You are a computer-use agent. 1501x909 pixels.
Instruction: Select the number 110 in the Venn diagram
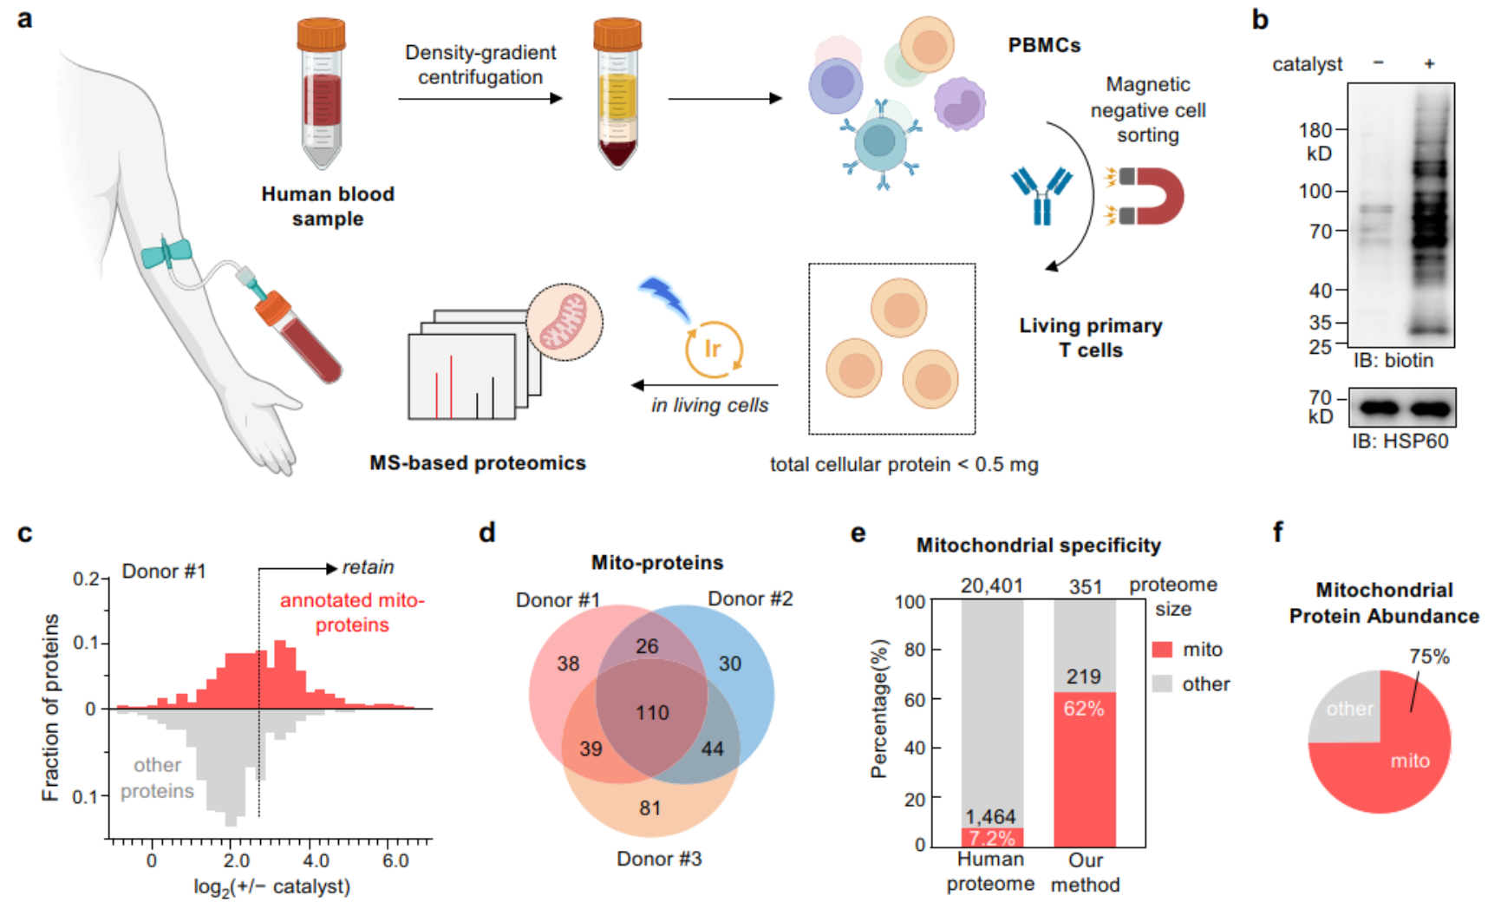(x=652, y=713)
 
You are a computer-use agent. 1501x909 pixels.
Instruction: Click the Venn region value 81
(x=650, y=808)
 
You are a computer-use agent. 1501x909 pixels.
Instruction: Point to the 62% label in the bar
(x=1084, y=709)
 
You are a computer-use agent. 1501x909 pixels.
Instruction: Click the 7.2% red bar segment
(x=992, y=838)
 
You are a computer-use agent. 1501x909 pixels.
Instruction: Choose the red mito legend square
(x=1162, y=650)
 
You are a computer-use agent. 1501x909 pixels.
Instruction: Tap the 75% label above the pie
(x=1429, y=657)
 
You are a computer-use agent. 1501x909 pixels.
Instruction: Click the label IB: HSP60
(x=1400, y=441)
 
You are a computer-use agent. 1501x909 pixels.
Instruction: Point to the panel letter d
(x=487, y=532)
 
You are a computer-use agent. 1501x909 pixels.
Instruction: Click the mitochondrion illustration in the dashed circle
(x=565, y=322)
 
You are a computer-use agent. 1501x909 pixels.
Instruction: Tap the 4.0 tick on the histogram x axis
(x=317, y=860)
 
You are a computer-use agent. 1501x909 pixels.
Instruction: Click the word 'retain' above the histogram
(x=368, y=567)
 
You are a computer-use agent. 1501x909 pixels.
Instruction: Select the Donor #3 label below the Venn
(x=659, y=859)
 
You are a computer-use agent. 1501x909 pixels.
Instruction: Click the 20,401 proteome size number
(x=991, y=586)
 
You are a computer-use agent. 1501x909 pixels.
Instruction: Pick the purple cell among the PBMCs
(x=959, y=102)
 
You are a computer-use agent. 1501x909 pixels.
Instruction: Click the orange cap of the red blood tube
(x=321, y=34)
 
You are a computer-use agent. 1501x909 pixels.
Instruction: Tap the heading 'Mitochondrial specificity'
(x=1038, y=546)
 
